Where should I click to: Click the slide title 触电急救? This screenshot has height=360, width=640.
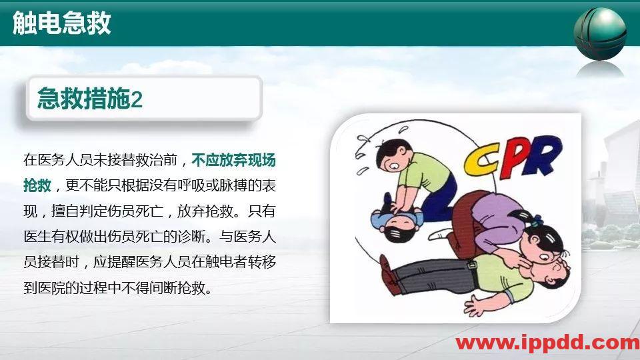tap(62, 23)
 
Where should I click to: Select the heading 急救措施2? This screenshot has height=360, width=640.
tap(90, 100)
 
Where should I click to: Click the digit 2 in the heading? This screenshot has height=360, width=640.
tap(137, 101)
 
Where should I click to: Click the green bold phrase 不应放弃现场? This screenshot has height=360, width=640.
tap(233, 161)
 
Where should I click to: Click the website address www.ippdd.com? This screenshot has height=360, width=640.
tap(547, 343)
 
